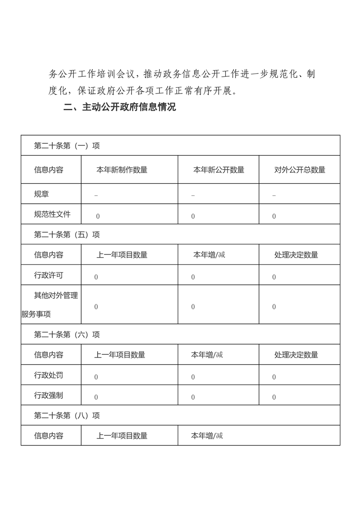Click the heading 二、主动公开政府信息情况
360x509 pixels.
(119, 108)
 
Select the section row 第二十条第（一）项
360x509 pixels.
(67, 146)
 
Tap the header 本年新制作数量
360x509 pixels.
(122, 170)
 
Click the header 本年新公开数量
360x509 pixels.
(219, 170)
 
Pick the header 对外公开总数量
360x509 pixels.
(300, 170)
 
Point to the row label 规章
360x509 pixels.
(42, 194)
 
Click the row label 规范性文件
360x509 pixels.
(52, 214)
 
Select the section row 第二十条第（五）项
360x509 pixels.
(67, 235)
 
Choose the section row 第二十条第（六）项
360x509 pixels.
(67, 335)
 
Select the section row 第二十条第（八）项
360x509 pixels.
(67, 416)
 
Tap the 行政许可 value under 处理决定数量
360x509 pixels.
(274, 277)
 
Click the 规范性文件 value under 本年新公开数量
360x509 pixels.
(193, 216)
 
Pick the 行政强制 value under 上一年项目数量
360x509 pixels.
(96, 397)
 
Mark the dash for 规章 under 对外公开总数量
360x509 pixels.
(274, 196)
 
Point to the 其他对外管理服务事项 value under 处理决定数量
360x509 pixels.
(274, 307)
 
